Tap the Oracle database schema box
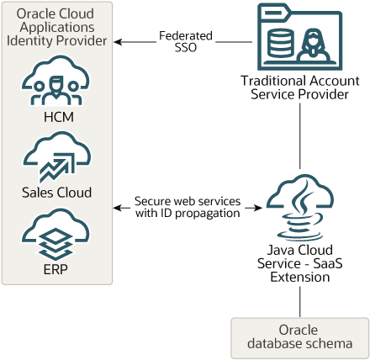pos(299,336)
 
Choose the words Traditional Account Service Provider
pos(299,87)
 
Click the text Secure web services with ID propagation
pos(187,207)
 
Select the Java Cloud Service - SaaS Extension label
pos(299,262)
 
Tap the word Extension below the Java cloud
pos(299,277)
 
